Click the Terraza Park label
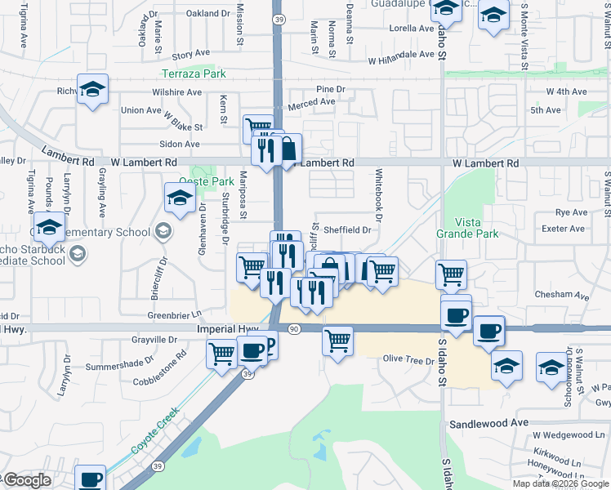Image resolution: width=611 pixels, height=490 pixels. tap(193, 73)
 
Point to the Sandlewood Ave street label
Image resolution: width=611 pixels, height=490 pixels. tap(489, 423)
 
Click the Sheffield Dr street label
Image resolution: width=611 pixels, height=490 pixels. tap(348, 230)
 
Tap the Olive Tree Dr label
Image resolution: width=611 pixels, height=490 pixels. tap(408, 359)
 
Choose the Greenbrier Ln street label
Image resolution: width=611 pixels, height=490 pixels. tap(174, 314)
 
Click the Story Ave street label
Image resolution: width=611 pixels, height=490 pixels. tap(191, 55)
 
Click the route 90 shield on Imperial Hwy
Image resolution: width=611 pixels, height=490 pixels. tap(294, 328)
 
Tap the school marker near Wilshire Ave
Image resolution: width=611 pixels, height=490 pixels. tap(92, 89)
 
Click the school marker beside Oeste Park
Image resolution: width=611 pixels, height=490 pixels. tap(180, 197)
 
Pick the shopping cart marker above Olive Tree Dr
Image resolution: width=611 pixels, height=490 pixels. tap(337, 341)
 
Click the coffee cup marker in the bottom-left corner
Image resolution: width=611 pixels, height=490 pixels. tap(91, 479)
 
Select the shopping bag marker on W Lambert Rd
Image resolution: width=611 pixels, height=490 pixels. tap(288, 149)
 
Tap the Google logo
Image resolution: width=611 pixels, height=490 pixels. tap(26, 480)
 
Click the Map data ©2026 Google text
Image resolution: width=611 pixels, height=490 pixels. tap(560, 483)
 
